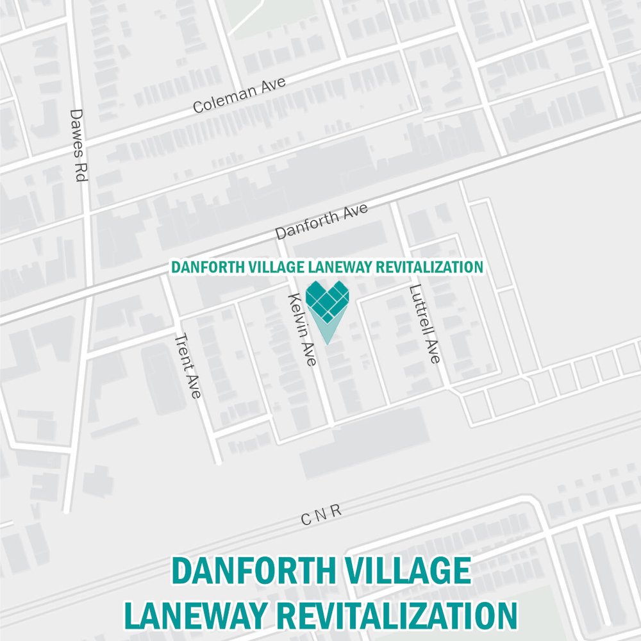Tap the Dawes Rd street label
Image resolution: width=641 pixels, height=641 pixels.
(x=78, y=144)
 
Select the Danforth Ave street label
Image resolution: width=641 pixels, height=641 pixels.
(x=322, y=222)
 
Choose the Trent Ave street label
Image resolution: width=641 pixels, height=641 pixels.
(x=188, y=366)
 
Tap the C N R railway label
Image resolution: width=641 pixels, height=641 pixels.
(x=322, y=514)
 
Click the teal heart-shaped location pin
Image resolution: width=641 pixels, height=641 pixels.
(x=328, y=304)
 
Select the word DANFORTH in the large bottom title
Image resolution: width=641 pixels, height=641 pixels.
(x=251, y=571)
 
